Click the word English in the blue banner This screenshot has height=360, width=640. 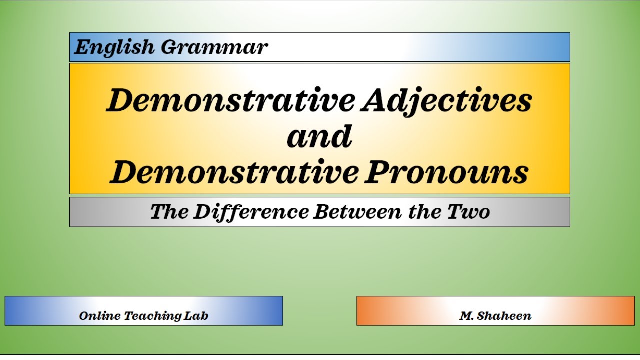click(114, 47)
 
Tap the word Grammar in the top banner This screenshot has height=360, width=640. click(214, 47)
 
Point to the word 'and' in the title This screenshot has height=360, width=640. click(319, 136)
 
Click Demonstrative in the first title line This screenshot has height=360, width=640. click(231, 100)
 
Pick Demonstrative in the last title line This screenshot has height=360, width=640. click(234, 172)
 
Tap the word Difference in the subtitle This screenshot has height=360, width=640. click(251, 212)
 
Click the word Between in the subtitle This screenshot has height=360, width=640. click(357, 212)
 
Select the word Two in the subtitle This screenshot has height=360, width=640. click(469, 212)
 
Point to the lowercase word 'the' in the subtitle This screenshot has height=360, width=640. click(425, 212)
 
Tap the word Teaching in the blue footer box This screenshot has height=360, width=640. click(153, 316)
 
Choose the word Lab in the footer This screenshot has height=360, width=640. click(196, 316)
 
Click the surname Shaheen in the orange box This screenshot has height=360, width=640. click(504, 316)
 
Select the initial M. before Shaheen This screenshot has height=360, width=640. click(466, 316)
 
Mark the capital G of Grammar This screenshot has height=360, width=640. click(171, 47)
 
